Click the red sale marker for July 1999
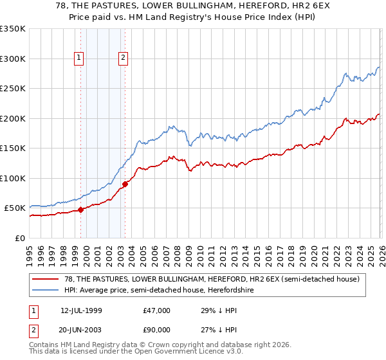click(81, 210)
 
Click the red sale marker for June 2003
click(125, 184)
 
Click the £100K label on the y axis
click(13, 178)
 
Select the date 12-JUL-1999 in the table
click(82, 310)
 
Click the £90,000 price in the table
click(157, 329)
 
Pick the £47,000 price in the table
click(157, 310)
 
